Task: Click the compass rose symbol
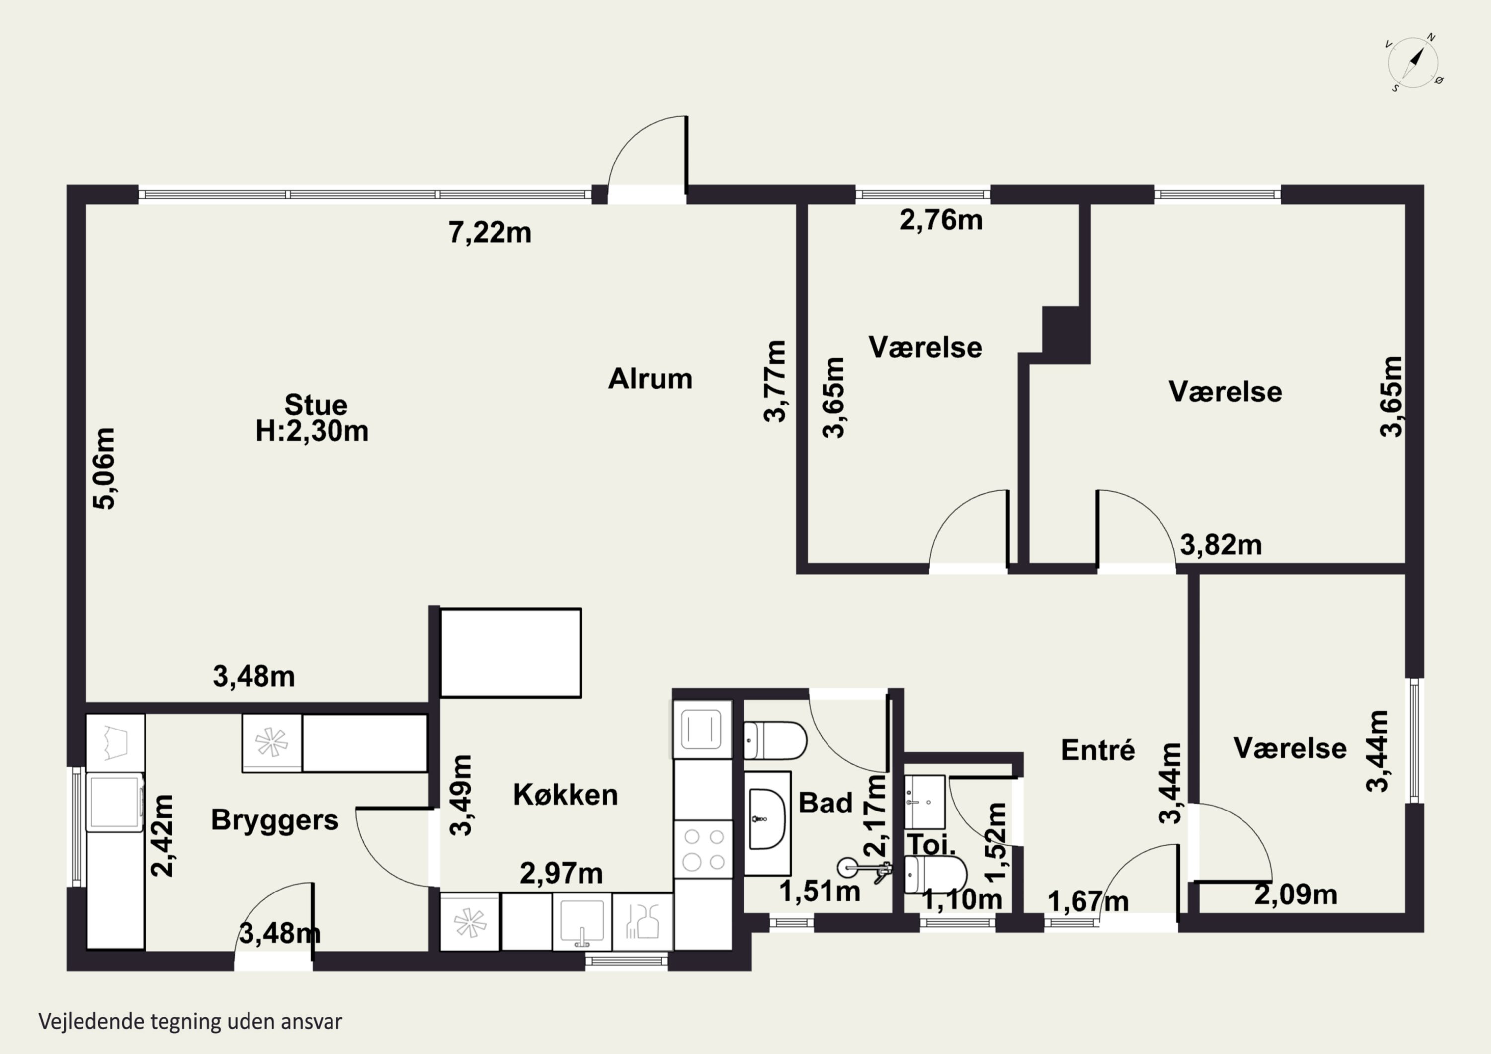[1413, 63]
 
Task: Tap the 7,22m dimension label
[490, 233]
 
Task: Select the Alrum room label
[650, 379]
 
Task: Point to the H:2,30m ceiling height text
[312, 431]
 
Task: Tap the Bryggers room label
[275, 821]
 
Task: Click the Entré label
[1098, 750]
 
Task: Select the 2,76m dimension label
[941, 220]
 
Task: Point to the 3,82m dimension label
[1221, 545]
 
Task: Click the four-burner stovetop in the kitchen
[704, 849]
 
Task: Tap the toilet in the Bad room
[775, 740]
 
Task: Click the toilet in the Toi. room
[935, 875]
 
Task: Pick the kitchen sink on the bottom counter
[582, 921]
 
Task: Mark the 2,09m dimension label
[1296, 895]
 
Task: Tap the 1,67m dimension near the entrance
[1088, 901]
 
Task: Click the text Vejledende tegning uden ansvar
[190, 1022]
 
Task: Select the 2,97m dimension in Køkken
[562, 874]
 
